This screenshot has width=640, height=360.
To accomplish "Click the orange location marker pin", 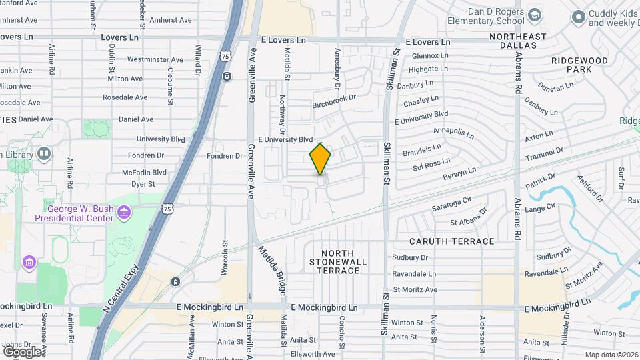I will [320, 159].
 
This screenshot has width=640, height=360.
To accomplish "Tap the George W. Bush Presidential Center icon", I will [123, 212].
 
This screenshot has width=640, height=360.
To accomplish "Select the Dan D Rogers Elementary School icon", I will [535, 15].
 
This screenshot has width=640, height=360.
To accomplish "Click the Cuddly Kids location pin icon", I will [578, 16].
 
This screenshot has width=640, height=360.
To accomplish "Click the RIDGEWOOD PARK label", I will [580, 65].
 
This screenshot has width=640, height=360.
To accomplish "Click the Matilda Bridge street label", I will [273, 271].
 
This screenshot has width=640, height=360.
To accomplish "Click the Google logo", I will [22, 351].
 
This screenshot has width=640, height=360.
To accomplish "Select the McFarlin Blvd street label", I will [145, 172].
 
